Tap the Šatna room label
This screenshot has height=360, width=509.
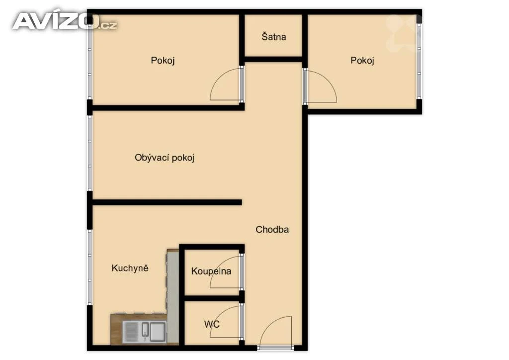[x=274, y=36]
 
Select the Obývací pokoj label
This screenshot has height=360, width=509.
[x=164, y=158]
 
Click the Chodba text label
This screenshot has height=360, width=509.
[x=272, y=230]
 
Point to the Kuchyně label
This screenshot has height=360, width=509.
[x=130, y=268]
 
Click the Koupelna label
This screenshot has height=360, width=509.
[x=211, y=271]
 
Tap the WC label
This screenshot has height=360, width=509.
[x=212, y=324]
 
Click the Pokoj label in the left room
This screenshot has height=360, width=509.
[x=163, y=60]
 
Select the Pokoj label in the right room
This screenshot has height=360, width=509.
[x=362, y=60]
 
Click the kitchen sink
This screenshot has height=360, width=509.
[x=145, y=332]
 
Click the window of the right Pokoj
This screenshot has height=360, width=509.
[x=419, y=61]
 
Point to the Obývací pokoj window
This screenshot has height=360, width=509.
[x=89, y=153]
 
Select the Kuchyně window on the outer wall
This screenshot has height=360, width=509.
[x=89, y=267]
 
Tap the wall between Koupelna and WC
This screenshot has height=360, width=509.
[x=213, y=298]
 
